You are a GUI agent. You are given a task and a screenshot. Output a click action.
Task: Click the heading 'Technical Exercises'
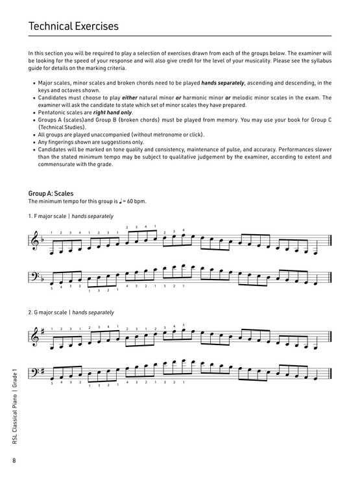click(x=73, y=27)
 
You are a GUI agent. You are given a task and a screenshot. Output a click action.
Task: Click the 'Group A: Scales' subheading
click(x=51, y=193)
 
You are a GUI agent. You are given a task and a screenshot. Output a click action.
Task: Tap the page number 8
click(x=13, y=461)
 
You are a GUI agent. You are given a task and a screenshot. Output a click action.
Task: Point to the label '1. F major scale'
click(x=49, y=215)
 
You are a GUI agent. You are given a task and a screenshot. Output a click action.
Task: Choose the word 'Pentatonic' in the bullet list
click(x=49, y=112)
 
